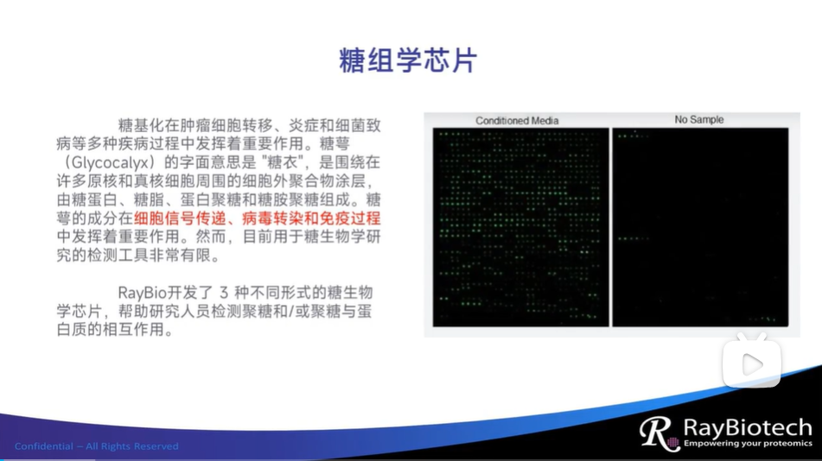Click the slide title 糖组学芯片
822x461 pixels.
408,60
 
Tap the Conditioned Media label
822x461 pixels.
517,121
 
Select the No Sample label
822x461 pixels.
699,119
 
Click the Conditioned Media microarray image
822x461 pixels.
521,227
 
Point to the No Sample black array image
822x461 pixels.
700,227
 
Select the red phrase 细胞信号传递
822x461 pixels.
173,218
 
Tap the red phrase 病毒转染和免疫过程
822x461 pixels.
311,218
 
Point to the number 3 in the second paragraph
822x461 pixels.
224,293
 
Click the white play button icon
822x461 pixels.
752,364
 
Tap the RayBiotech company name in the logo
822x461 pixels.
748,428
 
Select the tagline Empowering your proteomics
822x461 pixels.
748,444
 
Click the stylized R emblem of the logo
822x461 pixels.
656,433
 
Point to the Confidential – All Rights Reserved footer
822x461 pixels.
97,446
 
